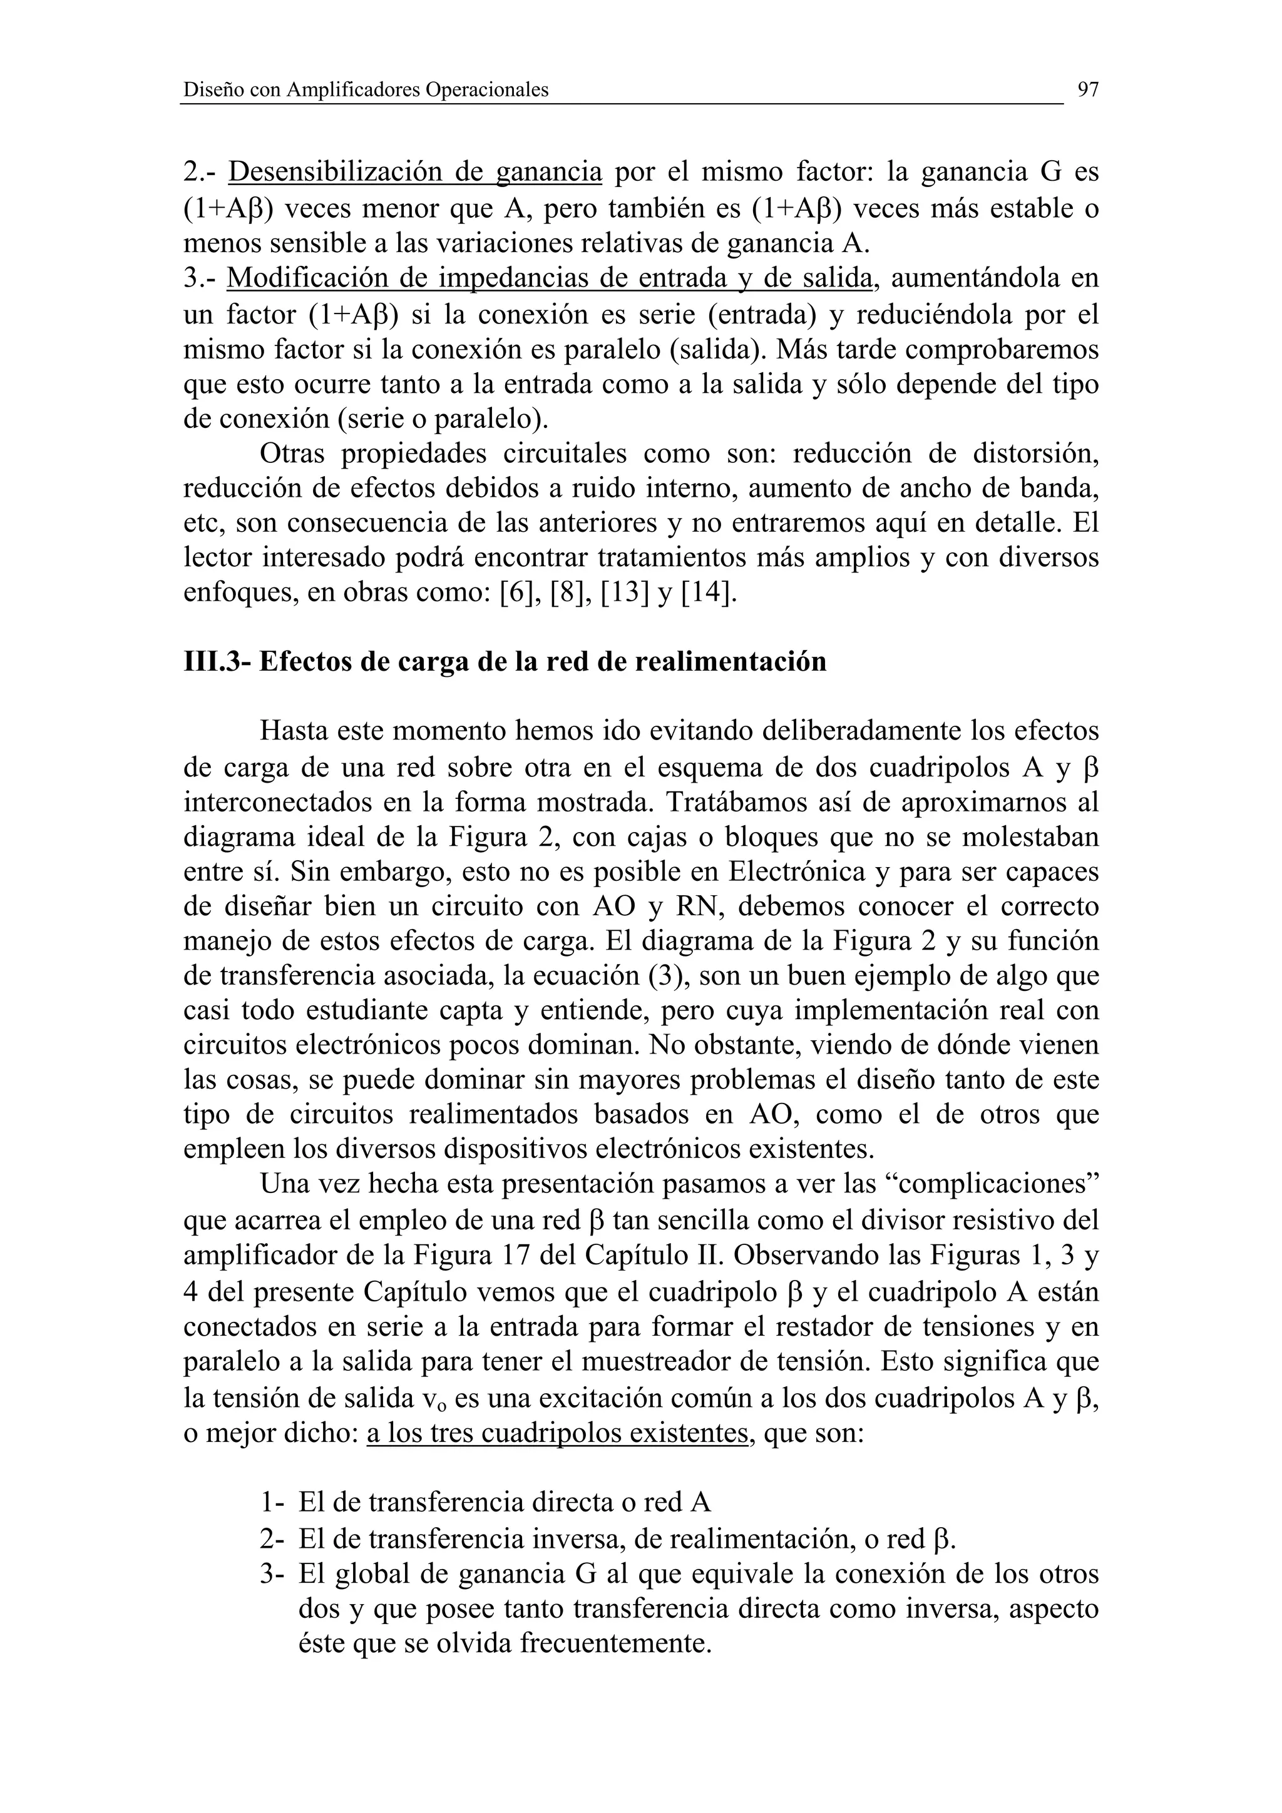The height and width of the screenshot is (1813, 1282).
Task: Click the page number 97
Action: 1088,90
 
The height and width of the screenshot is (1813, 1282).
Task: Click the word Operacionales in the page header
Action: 486,91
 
